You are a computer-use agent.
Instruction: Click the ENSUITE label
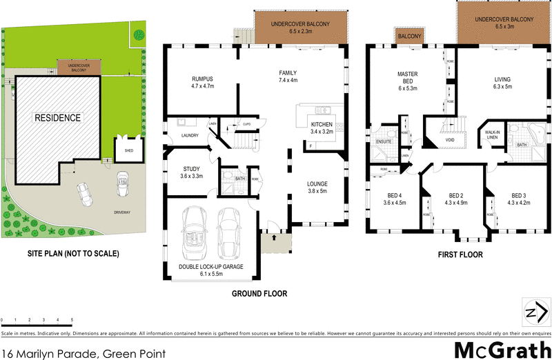pos(384,141)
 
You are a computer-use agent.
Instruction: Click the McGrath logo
pos(500,348)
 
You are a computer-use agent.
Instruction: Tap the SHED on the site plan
pos(128,149)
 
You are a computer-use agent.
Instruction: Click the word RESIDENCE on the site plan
pos(58,117)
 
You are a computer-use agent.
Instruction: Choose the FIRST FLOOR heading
pos(460,254)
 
